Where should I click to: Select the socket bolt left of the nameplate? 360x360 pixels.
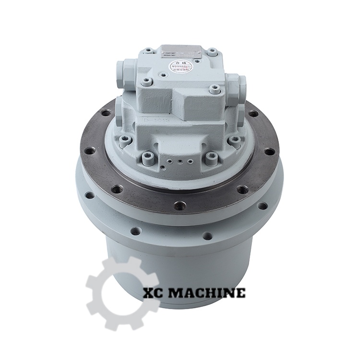(x=148, y=51)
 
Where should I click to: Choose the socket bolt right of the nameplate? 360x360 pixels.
(x=213, y=51)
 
